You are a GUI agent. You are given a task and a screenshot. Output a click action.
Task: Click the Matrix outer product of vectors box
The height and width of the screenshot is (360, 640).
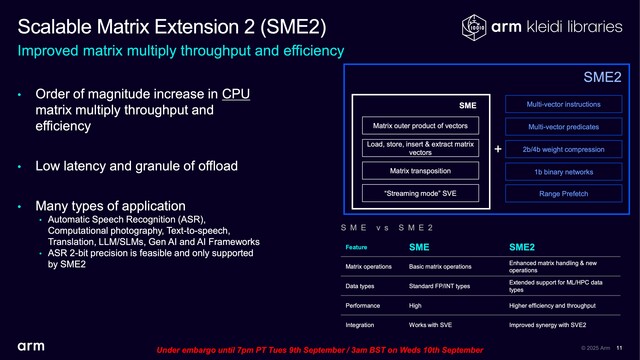pos(420,125)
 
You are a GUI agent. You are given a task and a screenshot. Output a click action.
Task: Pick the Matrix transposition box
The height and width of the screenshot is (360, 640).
pos(420,171)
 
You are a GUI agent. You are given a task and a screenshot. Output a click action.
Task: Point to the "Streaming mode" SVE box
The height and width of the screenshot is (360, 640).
pos(420,193)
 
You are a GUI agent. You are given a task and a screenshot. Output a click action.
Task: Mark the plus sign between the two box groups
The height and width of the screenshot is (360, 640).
pos(498,149)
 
